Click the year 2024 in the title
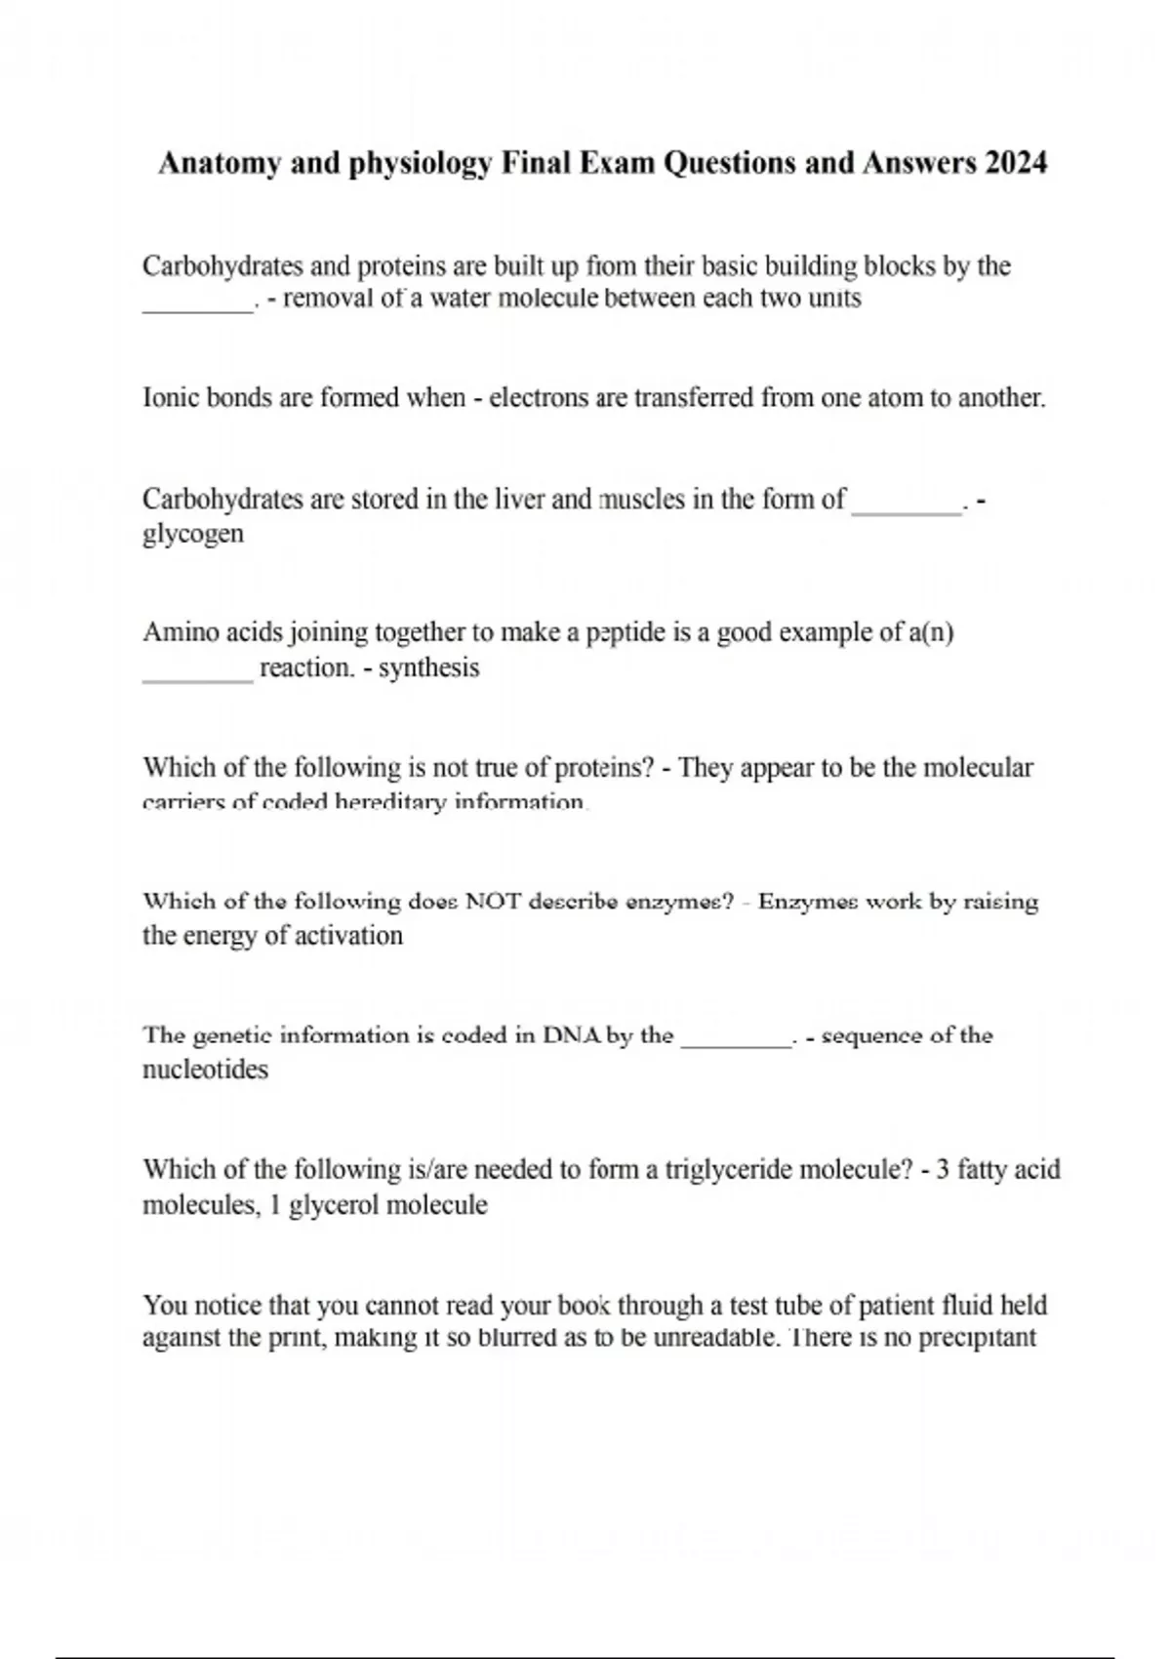(1016, 162)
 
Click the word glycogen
(192, 535)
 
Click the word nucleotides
(205, 1070)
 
